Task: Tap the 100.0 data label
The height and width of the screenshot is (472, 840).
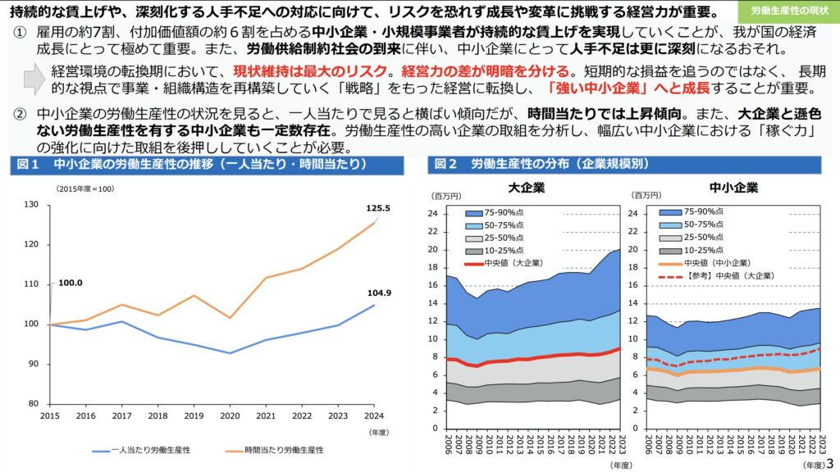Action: pos(71,283)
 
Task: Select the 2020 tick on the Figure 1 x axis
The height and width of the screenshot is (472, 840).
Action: pos(230,416)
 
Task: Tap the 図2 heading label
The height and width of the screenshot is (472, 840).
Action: pos(446,164)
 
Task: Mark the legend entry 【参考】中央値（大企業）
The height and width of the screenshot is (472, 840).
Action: pos(718,276)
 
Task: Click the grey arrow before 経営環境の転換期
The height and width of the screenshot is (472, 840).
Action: pos(34,79)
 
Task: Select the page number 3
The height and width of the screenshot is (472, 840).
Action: pos(829,463)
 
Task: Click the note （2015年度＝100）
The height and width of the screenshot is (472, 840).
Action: pos(84,188)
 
